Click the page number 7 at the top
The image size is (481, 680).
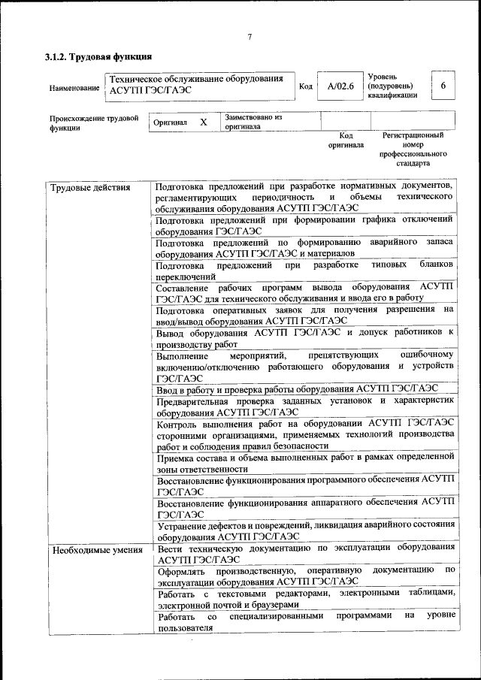click(250, 37)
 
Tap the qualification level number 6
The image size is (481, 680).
click(443, 86)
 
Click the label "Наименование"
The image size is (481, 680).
click(74, 88)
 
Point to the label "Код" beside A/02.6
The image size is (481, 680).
click(305, 86)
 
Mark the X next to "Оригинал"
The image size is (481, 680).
click(203, 122)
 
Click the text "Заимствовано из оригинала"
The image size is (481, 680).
click(253, 122)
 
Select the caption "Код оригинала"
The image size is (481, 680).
click(346, 141)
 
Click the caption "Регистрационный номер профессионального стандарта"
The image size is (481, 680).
click(413, 149)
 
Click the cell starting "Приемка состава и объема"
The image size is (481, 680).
click(304, 462)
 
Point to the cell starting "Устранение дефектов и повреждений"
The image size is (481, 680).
click(304, 530)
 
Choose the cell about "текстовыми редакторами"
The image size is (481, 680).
click(304, 598)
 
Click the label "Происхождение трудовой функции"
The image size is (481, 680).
click(94, 122)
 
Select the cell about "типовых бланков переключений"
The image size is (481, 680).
click(304, 270)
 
